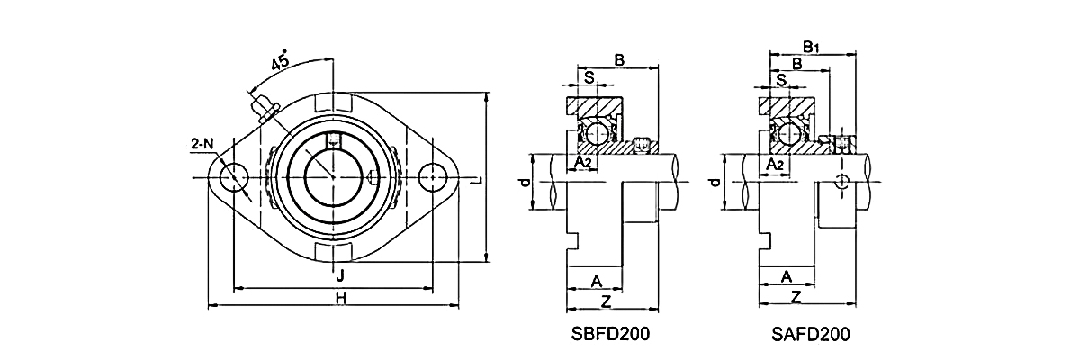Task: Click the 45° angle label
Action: (x=280, y=60)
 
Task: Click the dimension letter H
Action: (x=340, y=298)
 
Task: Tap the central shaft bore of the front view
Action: (x=333, y=176)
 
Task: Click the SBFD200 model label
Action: (x=611, y=334)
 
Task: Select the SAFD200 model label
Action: (x=810, y=334)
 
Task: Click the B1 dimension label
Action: (x=811, y=46)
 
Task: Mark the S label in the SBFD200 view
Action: (x=589, y=78)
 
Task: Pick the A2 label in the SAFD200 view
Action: (x=774, y=165)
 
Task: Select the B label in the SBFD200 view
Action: (x=619, y=60)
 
